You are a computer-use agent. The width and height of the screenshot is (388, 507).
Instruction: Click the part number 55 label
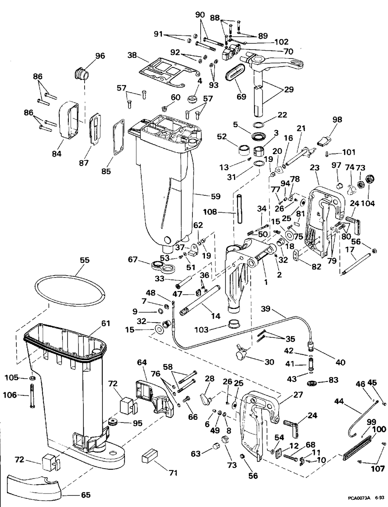click(85, 260)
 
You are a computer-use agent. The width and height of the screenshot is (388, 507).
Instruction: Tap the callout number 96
click(100, 56)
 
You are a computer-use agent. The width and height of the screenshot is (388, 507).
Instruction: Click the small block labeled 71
click(149, 457)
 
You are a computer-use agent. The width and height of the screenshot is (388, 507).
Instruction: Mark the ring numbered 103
click(233, 323)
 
